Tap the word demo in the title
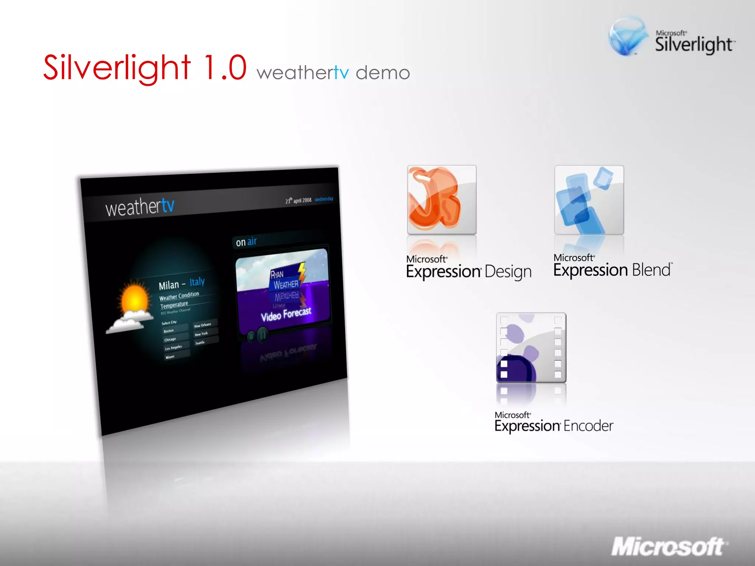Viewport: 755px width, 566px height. pos(383,73)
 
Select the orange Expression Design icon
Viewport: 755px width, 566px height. pos(441,200)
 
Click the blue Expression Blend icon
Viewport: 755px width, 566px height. pos(589,200)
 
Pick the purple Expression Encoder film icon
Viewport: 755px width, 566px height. pos(531,347)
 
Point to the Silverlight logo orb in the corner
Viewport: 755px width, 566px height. pos(627,36)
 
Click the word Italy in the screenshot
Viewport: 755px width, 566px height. pos(197,282)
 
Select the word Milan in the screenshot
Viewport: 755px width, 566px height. pos(168,285)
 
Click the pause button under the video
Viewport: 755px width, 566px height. pos(262,335)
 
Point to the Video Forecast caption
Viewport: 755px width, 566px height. pos(286,314)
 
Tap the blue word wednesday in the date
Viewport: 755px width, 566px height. pos(324,199)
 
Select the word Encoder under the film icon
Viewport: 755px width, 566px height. pos(588,426)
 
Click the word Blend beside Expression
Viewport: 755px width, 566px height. pos(651,270)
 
